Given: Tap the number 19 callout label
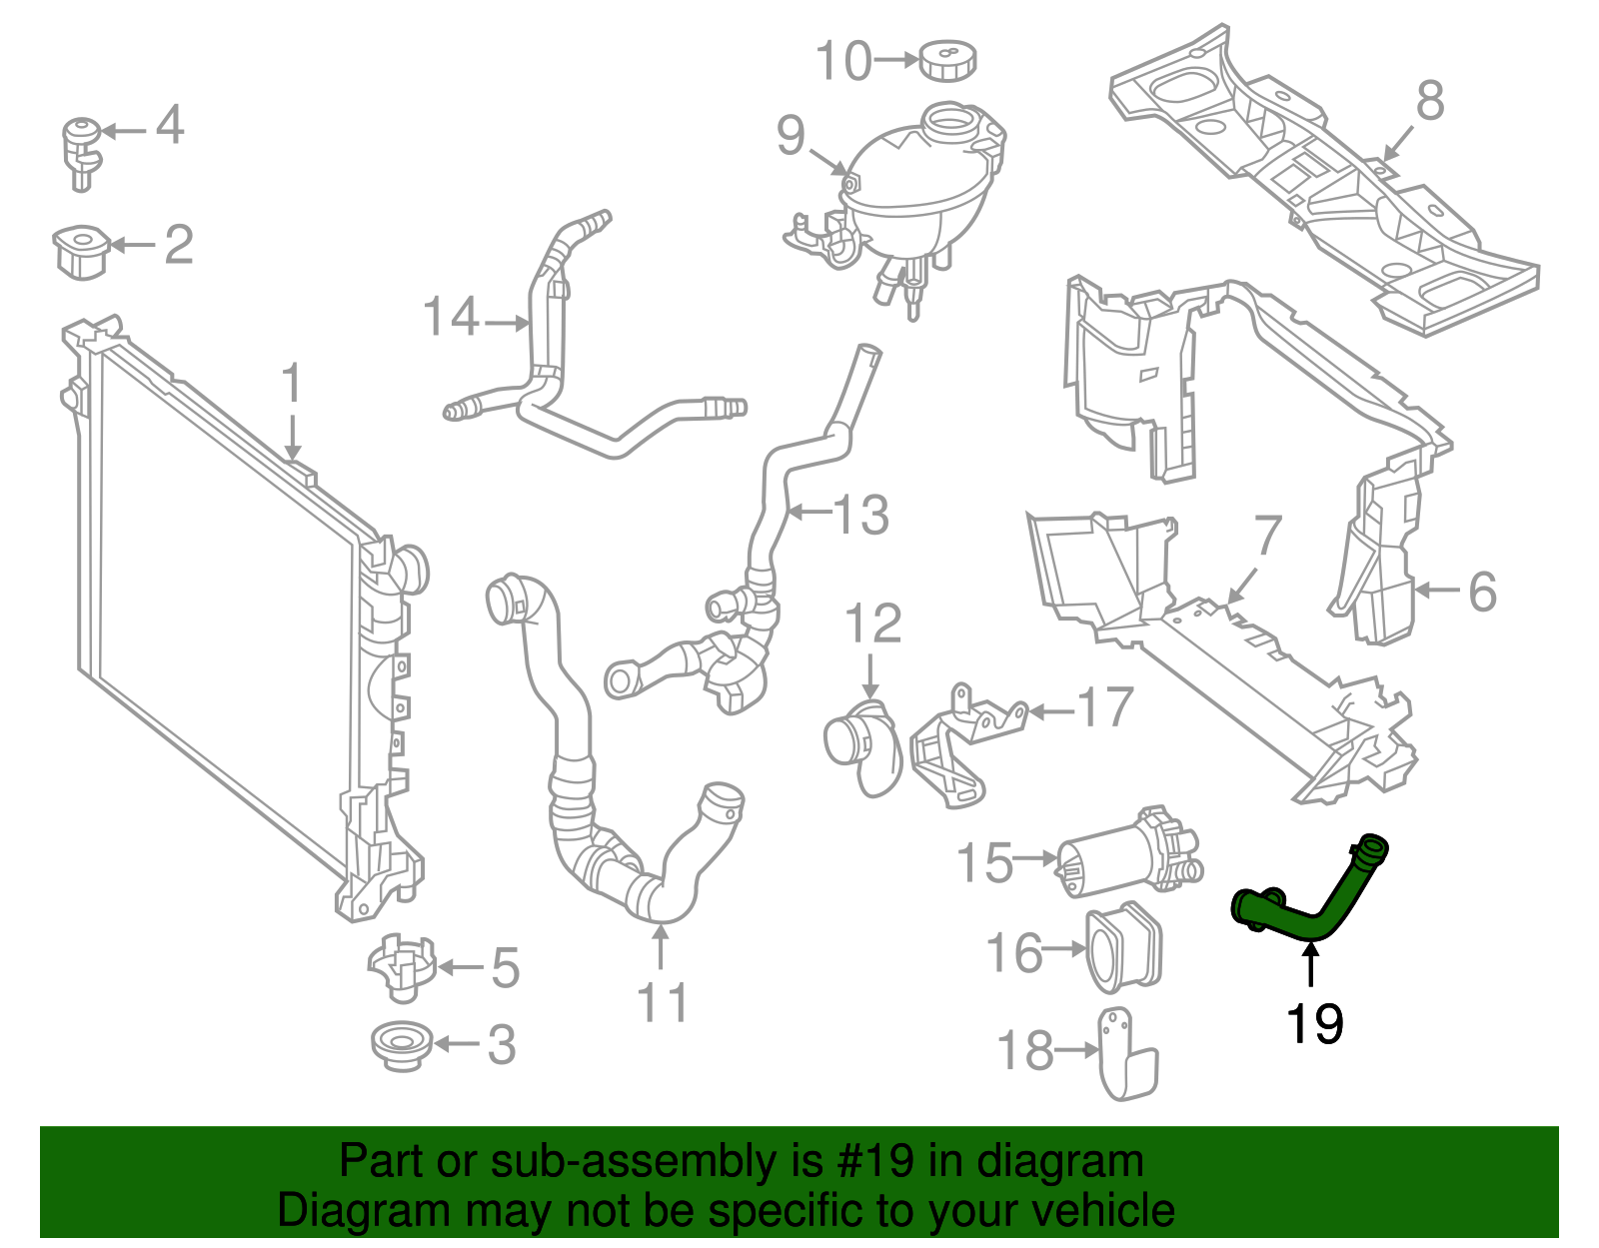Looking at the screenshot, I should [1313, 1024].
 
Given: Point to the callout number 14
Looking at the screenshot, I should [452, 319].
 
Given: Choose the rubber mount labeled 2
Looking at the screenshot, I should [80, 250].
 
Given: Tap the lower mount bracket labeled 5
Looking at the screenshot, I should [402, 966].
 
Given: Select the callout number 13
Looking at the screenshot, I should [860, 515].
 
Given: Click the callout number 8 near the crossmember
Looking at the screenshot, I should [1430, 101].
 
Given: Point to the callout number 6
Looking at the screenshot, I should [1482, 592].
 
